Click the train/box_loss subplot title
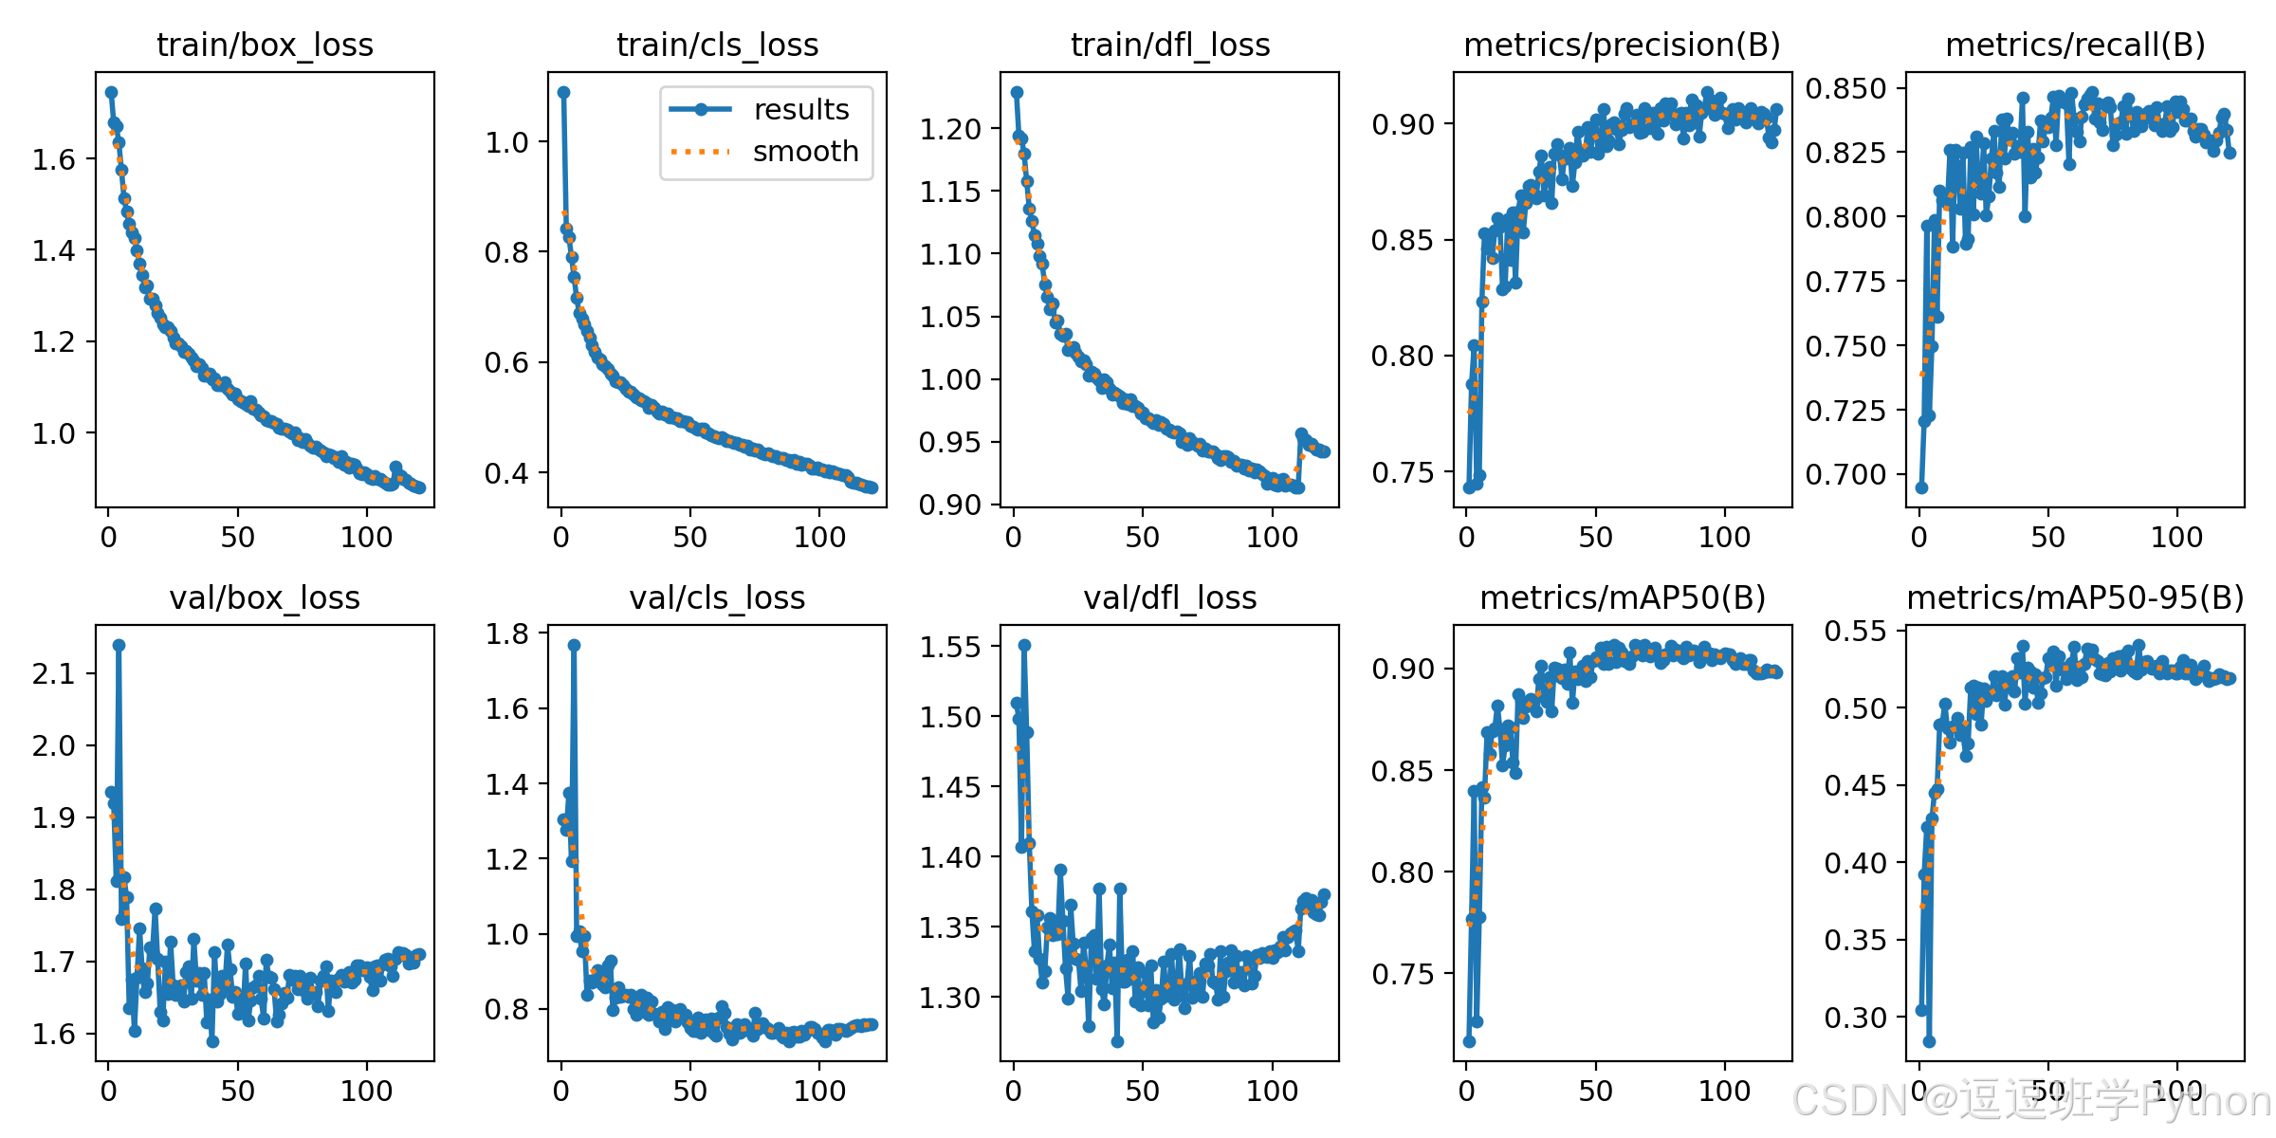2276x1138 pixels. (x=265, y=45)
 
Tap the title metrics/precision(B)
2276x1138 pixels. (x=1623, y=45)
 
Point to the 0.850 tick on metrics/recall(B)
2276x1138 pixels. (x=1845, y=88)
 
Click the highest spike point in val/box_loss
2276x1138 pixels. (x=119, y=645)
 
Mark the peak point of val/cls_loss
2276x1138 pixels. (x=574, y=645)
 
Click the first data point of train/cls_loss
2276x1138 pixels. (x=563, y=92)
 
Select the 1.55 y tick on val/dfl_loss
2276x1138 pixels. (x=949, y=647)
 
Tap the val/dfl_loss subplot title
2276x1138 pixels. (x=1170, y=597)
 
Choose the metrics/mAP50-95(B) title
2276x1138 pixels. (x=2076, y=597)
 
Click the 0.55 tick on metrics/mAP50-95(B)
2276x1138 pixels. (x=1855, y=631)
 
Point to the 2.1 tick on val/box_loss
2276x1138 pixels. (x=53, y=673)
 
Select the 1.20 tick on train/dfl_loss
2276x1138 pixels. (x=949, y=128)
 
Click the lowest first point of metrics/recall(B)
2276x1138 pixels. (x=1921, y=487)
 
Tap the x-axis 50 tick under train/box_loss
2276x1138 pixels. (x=237, y=537)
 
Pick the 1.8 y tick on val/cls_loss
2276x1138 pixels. (x=506, y=633)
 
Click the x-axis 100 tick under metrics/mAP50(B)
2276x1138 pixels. (x=1724, y=1091)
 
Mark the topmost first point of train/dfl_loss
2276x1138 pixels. (x=1017, y=92)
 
